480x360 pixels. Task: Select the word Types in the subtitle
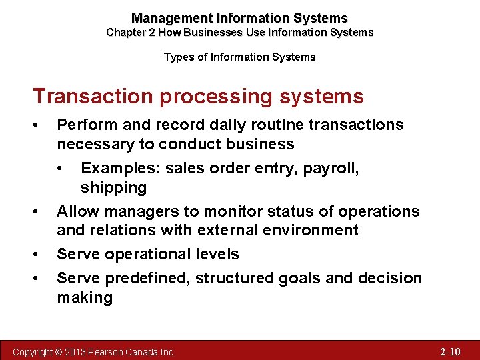tap(177, 57)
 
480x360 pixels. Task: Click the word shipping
tap(113, 187)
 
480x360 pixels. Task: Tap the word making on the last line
tap(85, 297)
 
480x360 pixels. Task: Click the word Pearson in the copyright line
tap(117, 351)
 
